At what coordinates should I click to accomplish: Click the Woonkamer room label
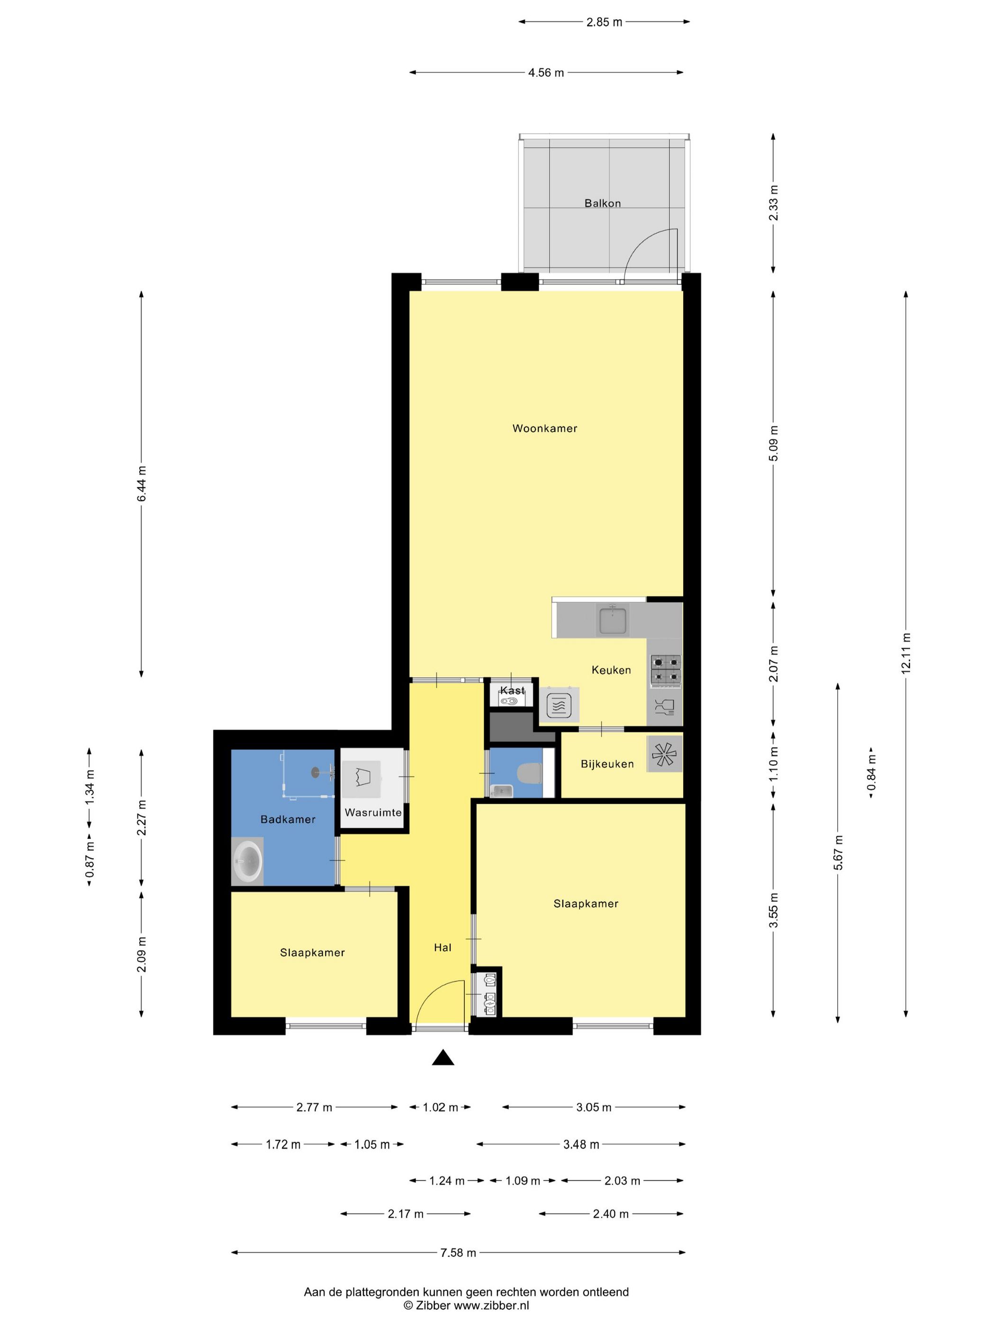point(544,428)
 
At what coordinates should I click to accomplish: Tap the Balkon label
point(603,203)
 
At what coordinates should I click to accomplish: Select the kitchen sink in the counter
point(612,620)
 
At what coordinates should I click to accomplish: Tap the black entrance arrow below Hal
point(443,1058)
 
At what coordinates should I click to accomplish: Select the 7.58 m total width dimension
point(458,1253)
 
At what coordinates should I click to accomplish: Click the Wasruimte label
point(373,813)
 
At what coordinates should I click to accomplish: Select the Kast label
point(512,691)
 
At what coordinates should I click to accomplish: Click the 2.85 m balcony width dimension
point(605,22)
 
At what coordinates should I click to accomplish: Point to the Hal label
point(443,948)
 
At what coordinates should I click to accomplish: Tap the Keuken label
point(611,670)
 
